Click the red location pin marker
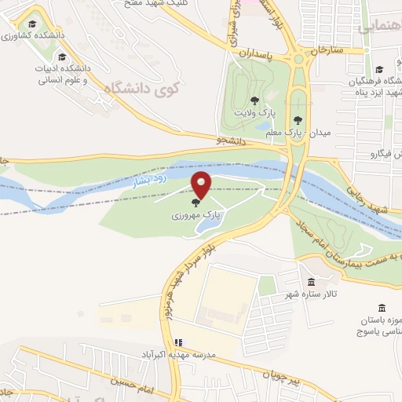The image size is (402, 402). [202, 185]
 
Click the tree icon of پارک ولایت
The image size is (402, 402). [254, 100]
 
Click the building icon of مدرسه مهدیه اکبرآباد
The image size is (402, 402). [179, 342]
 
